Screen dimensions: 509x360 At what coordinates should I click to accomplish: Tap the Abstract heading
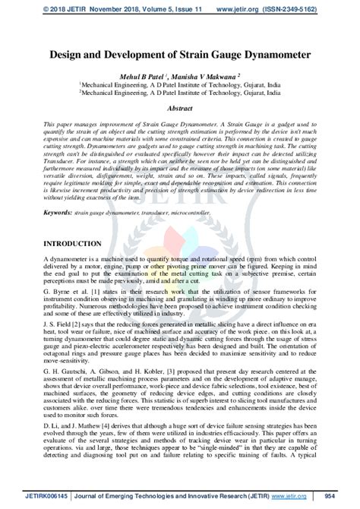(180, 109)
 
